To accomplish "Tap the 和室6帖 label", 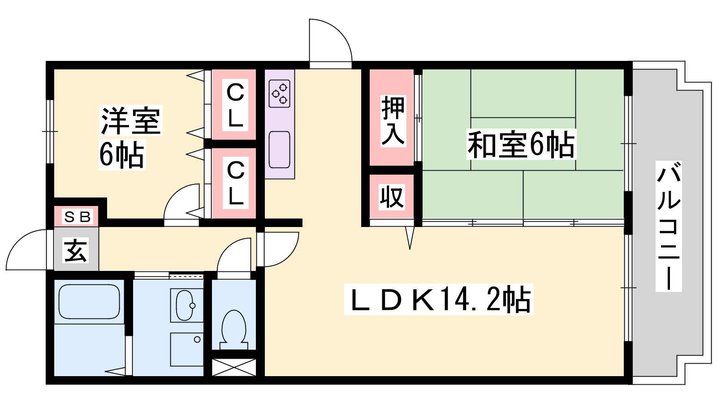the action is click(x=522, y=144).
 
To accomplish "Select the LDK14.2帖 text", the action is click(x=439, y=300).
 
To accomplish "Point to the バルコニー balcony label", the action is click(x=669, y=226).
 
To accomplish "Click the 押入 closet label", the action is click(x=393, y=121).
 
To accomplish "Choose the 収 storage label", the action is click(x=392, y=197).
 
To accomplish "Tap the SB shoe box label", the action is click(x=78, y=217).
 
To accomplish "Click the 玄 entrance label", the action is click(x=76, y=250).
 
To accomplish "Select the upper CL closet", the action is click(x=235, y=105).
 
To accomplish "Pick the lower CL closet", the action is click(x=236, y=183).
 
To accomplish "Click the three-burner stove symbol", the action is click(x=280, y=94).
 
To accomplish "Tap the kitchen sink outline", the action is click(x=280, y=150).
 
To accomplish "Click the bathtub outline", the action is click(x=89, y=302).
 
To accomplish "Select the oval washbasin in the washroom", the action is click(x=186, y=305).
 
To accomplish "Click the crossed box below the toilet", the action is click(x=234, y=367).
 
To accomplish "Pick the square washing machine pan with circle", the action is click(x=186, y=350).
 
